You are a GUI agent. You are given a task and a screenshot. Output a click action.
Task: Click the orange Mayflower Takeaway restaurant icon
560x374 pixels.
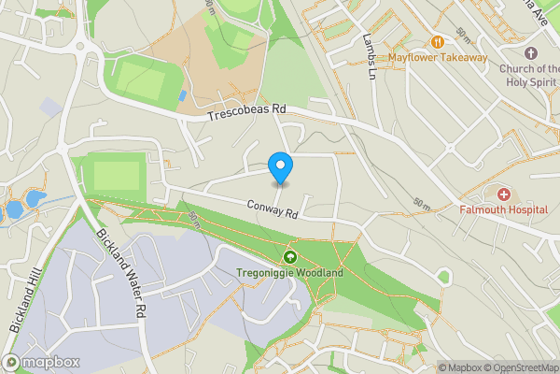click(438, 41)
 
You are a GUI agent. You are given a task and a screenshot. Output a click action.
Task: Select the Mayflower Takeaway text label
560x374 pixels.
click(438, 58)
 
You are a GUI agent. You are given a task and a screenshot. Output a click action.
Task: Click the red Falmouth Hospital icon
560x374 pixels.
click(504, 194)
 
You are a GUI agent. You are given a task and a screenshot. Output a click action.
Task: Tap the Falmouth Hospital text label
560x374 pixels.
click(503, 210)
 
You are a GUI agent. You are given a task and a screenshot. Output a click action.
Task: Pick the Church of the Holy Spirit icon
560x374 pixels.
click(531, 52)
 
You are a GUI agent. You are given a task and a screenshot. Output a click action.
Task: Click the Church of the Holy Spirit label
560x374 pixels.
click(529, 74)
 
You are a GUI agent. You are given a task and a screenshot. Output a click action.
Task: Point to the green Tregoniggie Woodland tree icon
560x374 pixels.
click(289, 257)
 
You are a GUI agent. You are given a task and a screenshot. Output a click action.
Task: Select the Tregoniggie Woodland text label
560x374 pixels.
click(289, 273)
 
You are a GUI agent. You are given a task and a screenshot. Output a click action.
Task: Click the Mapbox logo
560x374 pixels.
click(41, 362)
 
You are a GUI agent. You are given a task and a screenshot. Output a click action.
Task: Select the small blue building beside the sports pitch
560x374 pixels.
click(181, 95)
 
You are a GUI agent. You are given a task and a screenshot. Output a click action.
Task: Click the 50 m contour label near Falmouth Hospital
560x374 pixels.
click(422, 203)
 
